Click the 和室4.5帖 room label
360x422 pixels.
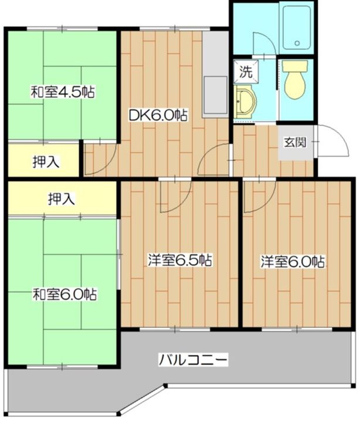click(x=63, y=92)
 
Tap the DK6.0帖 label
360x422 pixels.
click(x=158, y=115)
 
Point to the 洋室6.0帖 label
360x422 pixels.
click(x=293, y=261)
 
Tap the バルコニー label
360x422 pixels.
click(x=192, y=359)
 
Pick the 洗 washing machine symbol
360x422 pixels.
click(x=246, y=73)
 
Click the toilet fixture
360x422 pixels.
click(x=295, y=82)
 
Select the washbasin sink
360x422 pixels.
click(x=246, y=100)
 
